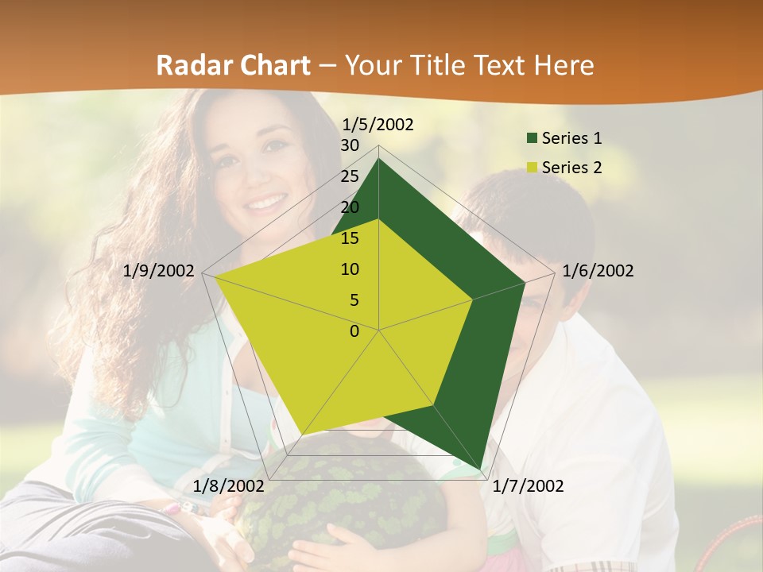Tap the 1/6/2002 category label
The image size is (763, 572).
(598, 271)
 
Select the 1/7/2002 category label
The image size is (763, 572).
(528, 486)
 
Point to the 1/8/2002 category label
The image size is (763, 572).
(228, 486)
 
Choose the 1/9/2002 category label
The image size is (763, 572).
(159, 271)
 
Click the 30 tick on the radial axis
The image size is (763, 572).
(350, 145)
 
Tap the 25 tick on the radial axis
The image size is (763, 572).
(350, 176)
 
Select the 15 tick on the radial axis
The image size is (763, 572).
(350, 238)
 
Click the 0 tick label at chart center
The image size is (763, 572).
(354, 331)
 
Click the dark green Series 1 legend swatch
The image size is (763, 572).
(532, 138)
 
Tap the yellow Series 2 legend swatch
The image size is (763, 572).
(532, 168)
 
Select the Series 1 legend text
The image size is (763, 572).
(571, 138)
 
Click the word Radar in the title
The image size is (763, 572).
(190, 65)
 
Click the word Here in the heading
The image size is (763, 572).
(564, 65)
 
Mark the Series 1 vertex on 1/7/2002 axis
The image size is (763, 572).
(479, 469)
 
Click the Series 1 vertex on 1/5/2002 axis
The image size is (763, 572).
(378, 159)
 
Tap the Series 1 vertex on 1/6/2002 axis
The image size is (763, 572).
(525, 282)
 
